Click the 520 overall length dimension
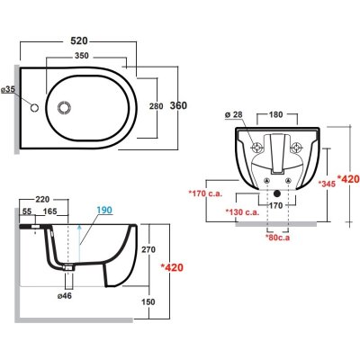pos(79,40)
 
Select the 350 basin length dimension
pos(82,56)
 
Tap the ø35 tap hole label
pos(8,89)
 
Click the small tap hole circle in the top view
pos(35,107)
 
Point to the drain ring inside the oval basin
pos(64,107)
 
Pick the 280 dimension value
pos(157,106)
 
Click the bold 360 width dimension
pos(178,105)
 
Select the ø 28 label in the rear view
pos(233,114)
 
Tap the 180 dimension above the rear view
pos(275,114)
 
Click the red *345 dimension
pos(327,184)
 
